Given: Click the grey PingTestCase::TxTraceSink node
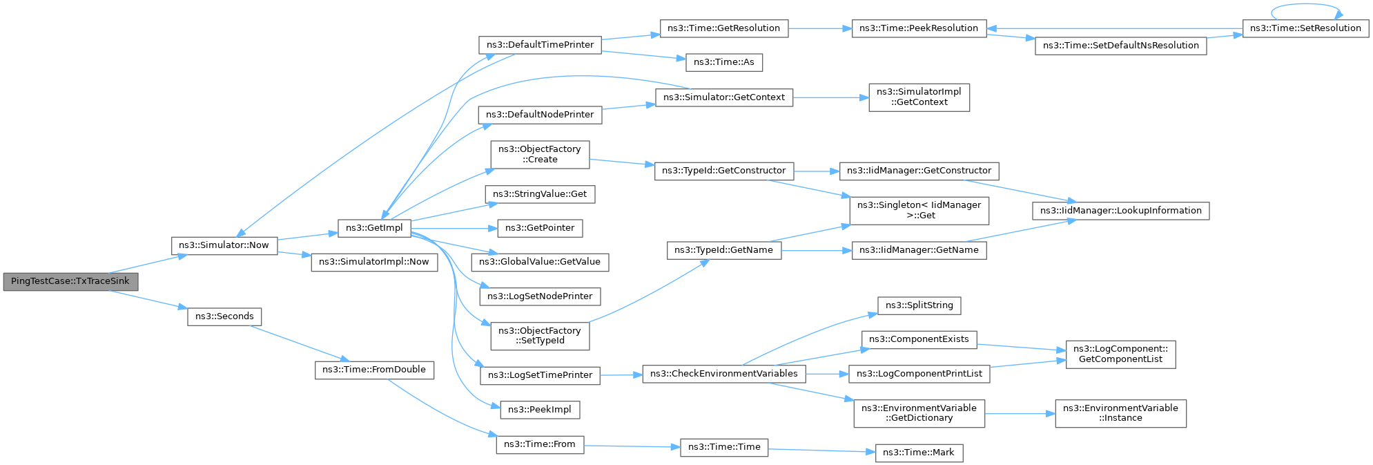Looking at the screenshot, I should click(70, 281).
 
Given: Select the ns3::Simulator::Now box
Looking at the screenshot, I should click(224, 245).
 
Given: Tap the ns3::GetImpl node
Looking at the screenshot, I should click(374, 228).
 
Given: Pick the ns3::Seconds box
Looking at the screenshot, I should click(224, 316).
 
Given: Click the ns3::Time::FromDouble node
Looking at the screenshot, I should click(374, 370).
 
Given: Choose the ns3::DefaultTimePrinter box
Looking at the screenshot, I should click(540, 45).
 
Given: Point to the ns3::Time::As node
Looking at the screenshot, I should click(724, 62).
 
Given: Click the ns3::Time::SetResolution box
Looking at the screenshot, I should click(1305, 28).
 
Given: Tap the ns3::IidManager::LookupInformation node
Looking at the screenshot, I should click(1120, 211).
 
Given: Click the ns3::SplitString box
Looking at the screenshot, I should click(919, 305).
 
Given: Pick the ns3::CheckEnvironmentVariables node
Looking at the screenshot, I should click(724, 374).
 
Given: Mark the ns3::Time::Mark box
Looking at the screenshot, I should click(918, 453).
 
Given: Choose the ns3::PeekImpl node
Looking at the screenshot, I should click(540, 410).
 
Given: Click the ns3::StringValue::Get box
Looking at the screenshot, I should click(540, 194).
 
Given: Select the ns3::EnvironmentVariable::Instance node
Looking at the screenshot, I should click(1120, 413).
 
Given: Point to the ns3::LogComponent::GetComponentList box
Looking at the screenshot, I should click(1120, 354).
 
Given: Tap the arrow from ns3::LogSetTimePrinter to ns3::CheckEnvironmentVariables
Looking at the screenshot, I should click(621, 374).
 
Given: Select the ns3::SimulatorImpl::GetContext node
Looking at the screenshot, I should click(919, 97).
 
